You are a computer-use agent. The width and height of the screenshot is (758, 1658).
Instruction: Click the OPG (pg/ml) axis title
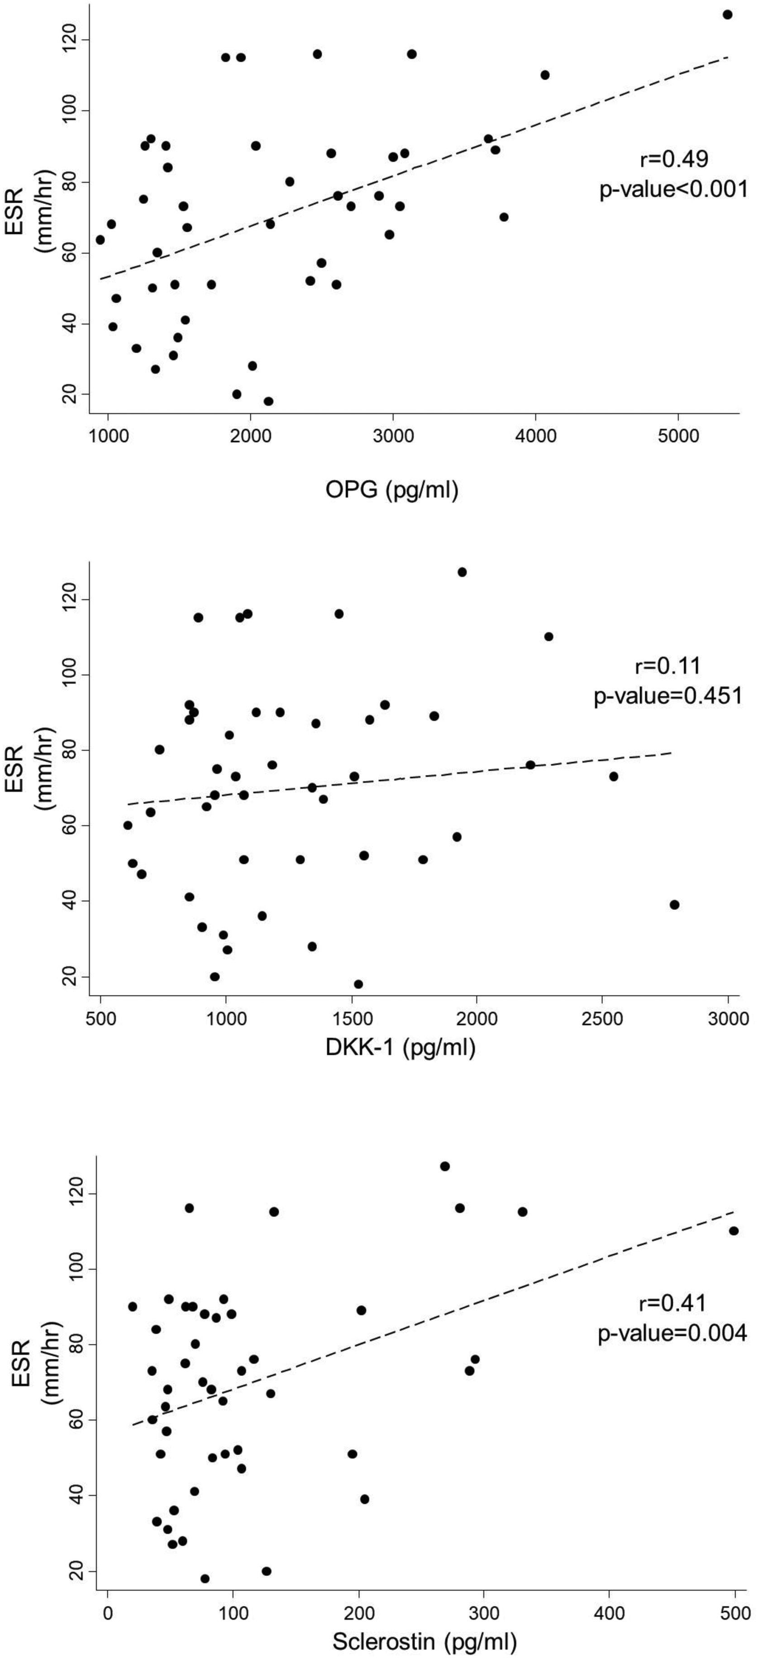pyautogui.click(x=392, y=491)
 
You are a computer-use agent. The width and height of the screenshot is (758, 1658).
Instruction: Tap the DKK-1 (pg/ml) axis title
pyautogui.click(x=400, y=1048)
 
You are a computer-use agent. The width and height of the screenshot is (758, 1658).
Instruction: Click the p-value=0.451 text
pyautogui.click(x=668, y=696)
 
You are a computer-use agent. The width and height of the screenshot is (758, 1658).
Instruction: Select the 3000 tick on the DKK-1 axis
pyautogui.click(x=728, y=1019)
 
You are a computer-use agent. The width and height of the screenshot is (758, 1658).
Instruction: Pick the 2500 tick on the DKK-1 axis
pyautogui.click(x=602, y=1019)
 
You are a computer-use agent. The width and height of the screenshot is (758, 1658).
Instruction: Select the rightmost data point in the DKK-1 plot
pyautogui.click(x=674, y=904)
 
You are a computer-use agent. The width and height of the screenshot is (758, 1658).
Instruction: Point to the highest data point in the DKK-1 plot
pyautogui.click(x=462, y=572)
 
